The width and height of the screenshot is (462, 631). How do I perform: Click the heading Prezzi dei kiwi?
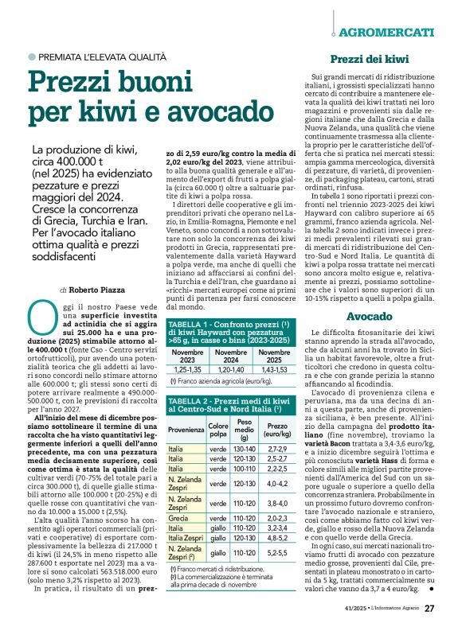tap(371, 59)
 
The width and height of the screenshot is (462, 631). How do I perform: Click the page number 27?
tap(429, 608)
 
